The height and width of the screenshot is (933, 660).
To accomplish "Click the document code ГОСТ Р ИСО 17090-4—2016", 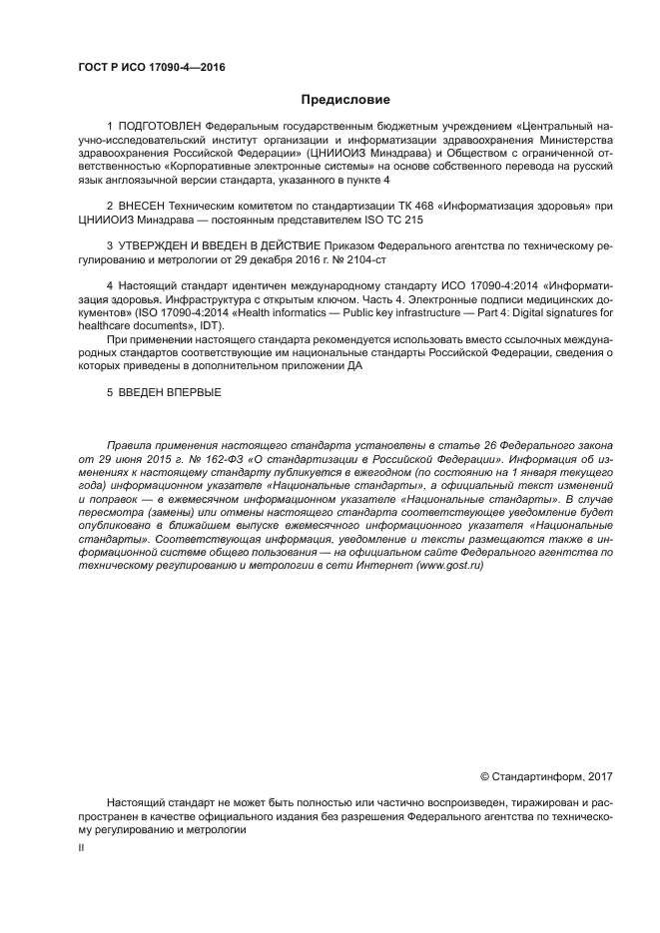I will tap(151, 68).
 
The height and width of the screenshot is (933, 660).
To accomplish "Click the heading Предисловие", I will tap(345, 100).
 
